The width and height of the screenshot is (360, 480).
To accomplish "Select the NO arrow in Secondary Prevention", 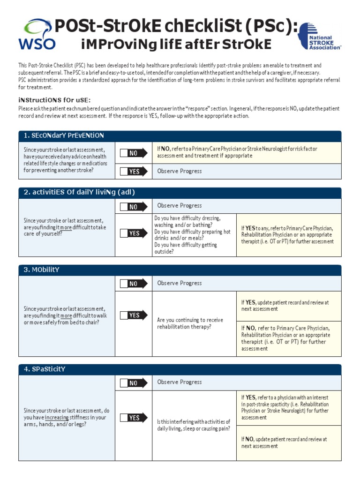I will [x=133, y=153].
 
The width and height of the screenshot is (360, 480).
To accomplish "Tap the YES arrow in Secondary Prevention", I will [x=133, y=172].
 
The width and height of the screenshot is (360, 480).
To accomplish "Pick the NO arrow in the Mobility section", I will [x=133, y=284].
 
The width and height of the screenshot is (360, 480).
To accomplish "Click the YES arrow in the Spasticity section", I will [x=133, y=418].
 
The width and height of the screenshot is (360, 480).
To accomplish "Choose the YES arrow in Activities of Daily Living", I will [x=133, y=233].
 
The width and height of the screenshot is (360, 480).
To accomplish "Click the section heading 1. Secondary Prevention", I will [x=64, y=136].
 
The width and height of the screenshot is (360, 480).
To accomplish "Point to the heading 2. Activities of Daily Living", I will [x=79, y=193].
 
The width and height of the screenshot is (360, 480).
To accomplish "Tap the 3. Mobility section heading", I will [x=42, y=270].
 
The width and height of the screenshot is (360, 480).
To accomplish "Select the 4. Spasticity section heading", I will [x=45, y=369].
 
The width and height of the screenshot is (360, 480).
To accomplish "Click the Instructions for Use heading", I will [x=54, y=100].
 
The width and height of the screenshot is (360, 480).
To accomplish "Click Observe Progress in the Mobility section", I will [x=179, y=283].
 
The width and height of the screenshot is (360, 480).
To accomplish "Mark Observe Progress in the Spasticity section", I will [x=179, y=382].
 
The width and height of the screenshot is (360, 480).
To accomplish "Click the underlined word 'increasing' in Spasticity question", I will [x=57, y=417].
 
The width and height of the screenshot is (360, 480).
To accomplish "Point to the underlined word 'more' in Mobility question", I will [x=66, y=316].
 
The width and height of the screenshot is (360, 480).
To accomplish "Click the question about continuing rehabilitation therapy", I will [x=190, y=323].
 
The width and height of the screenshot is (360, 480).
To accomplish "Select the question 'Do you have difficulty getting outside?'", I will [x=185, y=248].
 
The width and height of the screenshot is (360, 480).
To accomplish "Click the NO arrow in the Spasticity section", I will [x=133, y=383].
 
